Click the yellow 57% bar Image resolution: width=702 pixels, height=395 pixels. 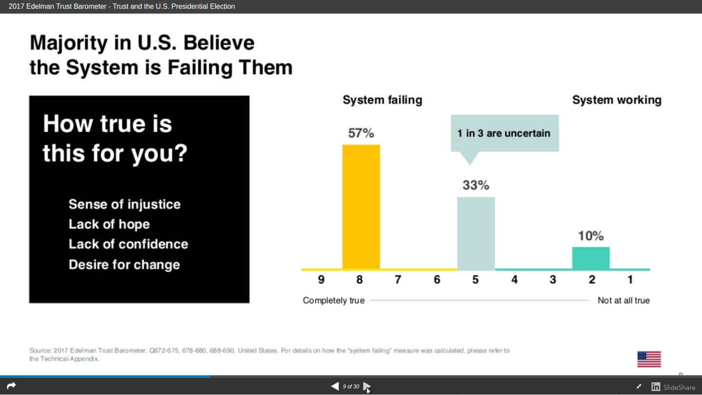coord(361,207)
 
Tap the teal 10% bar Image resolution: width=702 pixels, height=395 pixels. coord(591,258)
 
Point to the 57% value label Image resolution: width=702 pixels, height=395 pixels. coord(361,133)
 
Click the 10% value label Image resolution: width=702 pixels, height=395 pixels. coord(591,236)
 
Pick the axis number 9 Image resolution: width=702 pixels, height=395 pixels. coord(321,279)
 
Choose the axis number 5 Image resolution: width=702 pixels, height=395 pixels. coord(475,279)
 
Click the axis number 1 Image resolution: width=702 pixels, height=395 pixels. coord(630,279)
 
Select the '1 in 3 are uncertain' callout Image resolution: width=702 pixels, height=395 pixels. coord(505,133)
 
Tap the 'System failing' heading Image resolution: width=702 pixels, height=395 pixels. coord(382,100)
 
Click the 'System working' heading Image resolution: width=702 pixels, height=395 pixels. coord(617,100)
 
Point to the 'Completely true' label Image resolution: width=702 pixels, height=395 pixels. coord(333,300)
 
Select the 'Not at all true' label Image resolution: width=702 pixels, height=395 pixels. coord(624,300)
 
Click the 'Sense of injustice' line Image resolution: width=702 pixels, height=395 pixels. coord(124,204)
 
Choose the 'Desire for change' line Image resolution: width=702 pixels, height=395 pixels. coord(124,265)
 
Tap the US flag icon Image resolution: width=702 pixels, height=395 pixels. coord(649,359)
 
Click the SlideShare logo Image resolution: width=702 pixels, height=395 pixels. coord(673,387)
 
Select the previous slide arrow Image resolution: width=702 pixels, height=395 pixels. coord(335,386)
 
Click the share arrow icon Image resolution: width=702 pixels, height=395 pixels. coord(11,386)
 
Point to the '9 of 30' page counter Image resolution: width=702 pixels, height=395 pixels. coord(351,387)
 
